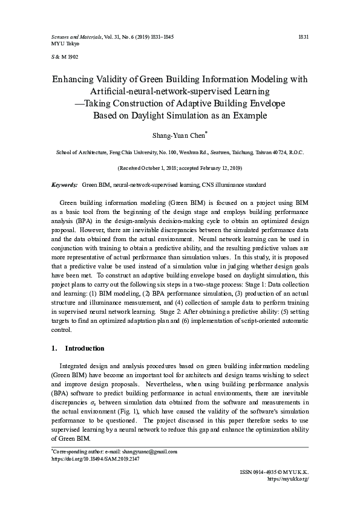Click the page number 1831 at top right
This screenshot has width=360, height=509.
coord(304,37)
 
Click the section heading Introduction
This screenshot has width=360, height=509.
coord(85,349)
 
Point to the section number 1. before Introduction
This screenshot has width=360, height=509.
coord(54,349)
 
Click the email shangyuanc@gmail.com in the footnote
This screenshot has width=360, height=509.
coord(150,452)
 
